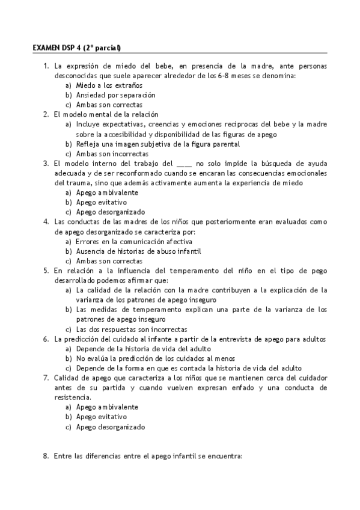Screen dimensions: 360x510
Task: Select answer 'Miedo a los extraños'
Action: (x=105, y=85)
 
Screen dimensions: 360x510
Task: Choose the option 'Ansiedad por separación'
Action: (x=115, y=94)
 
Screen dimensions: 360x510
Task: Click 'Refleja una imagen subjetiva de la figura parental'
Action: (x=158, y=144)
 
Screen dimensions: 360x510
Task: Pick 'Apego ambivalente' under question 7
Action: (x=106, y=407)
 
